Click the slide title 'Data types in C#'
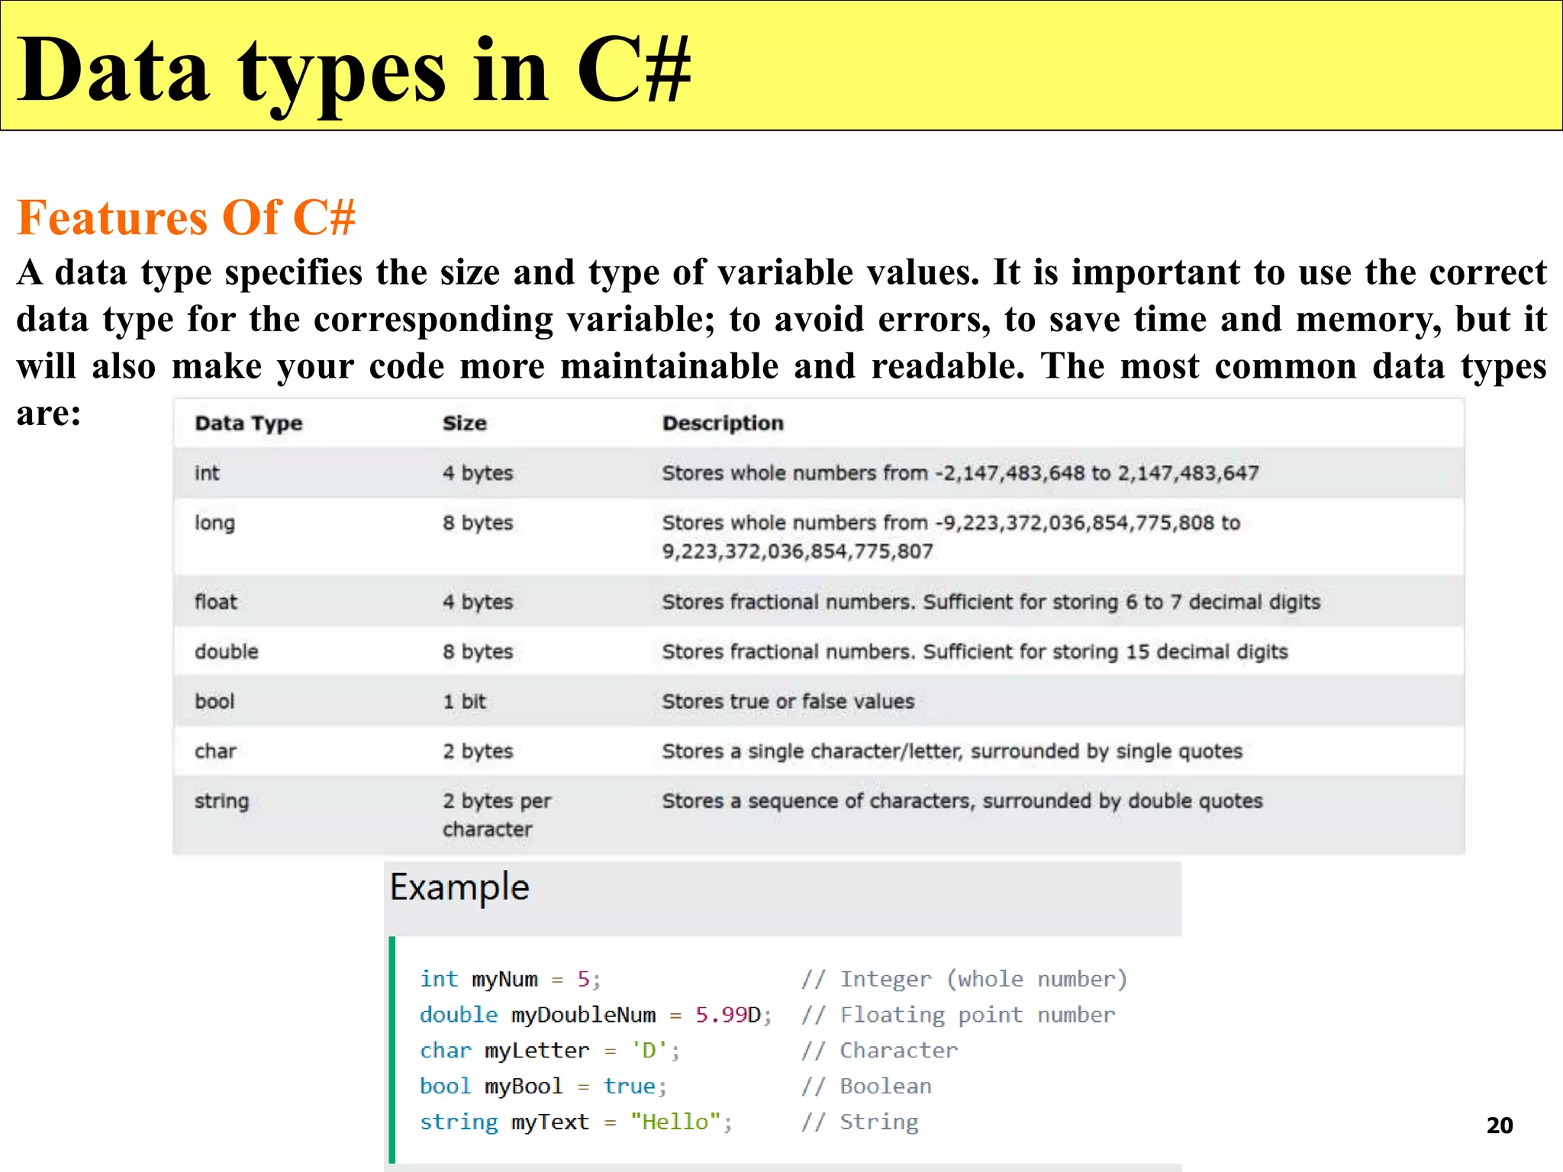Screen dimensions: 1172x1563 353,70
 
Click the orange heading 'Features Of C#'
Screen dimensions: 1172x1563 186,217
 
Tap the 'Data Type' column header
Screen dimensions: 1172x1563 248,423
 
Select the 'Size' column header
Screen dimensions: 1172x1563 464,423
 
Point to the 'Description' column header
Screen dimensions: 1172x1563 722,423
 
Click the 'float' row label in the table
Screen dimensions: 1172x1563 216,602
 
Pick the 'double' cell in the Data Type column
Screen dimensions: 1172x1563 226,652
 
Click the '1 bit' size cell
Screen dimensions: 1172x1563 464,701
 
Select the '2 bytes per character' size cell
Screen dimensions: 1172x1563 496,815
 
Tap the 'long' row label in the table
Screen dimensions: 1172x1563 214,523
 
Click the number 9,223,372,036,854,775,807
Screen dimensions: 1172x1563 797,551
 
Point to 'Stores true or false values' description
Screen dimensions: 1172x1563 788,701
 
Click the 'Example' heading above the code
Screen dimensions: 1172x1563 459,887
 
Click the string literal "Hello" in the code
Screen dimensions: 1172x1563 675,1122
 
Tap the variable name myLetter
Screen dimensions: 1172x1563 537,1051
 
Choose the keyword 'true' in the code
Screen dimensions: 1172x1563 630,1086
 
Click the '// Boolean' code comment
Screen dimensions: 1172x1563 866,1086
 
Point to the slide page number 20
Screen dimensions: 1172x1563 1499,1125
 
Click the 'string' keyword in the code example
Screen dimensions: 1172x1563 458,1122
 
